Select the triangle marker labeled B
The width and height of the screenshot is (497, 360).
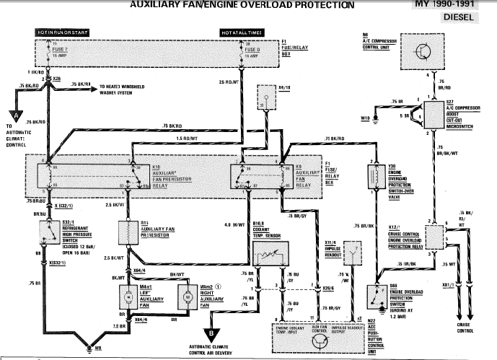(x=210, y=333)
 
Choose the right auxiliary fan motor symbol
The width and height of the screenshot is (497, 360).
(x=184, y=296)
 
